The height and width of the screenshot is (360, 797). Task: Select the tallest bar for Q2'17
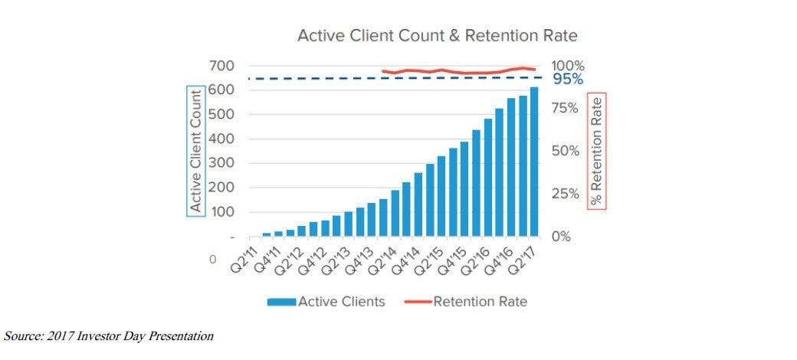point(534,162)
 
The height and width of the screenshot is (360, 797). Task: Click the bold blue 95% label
point(568,80)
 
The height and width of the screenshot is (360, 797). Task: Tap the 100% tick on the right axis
point(568,66)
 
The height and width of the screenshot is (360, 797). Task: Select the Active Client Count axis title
point(195,149)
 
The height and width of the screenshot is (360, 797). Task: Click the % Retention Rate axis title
point(596,150)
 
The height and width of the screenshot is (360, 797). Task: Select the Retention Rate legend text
point(480,301)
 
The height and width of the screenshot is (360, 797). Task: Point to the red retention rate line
point(460,72)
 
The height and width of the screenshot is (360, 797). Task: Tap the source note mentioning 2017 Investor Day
point(110,335)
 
